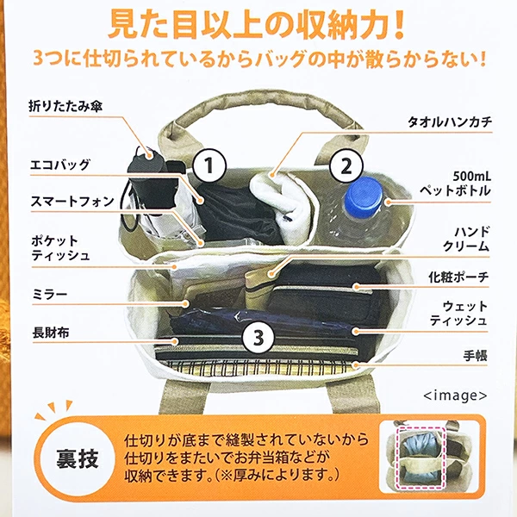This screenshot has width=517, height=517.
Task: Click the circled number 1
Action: (209, 165)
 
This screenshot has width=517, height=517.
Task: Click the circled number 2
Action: (346, 165)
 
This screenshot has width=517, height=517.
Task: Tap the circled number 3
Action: (258, 337)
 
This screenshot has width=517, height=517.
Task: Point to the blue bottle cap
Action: (364, 196)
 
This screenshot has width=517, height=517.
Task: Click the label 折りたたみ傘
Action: (65, 106)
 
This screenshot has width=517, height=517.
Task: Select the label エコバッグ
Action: (59, 165)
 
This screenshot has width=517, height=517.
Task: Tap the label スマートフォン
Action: (72, 201)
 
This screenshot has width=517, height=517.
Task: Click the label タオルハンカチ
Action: (450, 122)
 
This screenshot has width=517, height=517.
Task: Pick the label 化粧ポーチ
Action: (458, 277)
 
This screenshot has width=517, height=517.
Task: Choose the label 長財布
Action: (51, 333)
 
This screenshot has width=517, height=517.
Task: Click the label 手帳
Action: (475, 356)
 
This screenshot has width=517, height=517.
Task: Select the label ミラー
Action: (50, 294)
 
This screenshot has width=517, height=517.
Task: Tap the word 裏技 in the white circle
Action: (78, 458)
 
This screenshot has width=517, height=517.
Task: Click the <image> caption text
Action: (455, 395)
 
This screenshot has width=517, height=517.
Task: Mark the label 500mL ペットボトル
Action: (455, 184)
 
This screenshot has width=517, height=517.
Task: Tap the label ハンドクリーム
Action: (466, 239)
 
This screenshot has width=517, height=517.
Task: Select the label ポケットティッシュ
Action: (60, 248)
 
